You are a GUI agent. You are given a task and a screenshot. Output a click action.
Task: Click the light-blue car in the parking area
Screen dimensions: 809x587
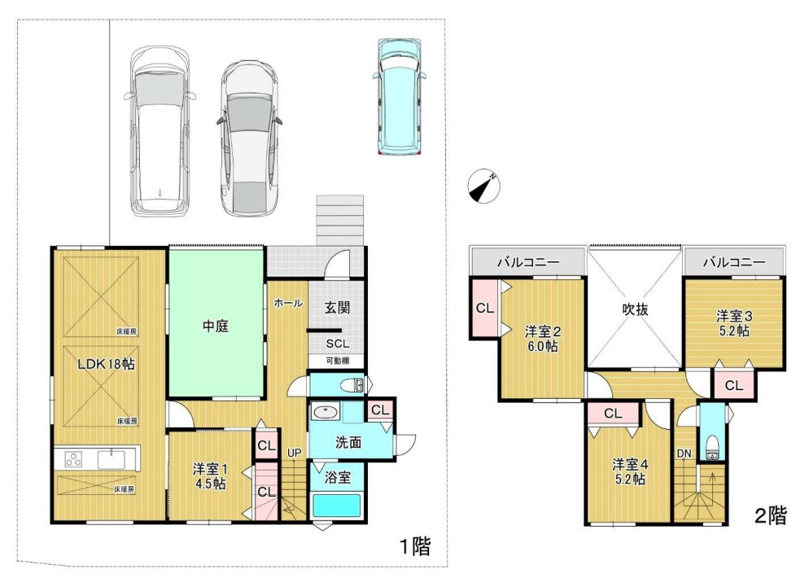click(x=400, y=97)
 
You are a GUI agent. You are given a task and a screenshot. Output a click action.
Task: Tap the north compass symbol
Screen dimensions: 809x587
click(x=484, y=186)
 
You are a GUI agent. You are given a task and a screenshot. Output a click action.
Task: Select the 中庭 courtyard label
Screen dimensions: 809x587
click(x=215, y=326)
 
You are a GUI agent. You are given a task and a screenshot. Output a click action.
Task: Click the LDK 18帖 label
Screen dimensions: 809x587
click(x=107, y=364)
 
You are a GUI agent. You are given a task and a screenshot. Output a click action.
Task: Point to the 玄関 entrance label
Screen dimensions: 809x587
click(x=338, y=308)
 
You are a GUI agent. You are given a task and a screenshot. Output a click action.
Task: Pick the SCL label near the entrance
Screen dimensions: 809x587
click(x=338, y=344)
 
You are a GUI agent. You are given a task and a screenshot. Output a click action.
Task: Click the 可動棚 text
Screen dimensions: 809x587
click(x=338, y=361)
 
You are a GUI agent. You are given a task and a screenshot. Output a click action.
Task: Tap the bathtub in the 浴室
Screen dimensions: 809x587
click(x=336, y=506)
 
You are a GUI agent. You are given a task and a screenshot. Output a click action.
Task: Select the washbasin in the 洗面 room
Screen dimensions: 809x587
click(x=326, y=413)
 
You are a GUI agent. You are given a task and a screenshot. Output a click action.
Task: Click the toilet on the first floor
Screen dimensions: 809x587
click(x=353, y=385)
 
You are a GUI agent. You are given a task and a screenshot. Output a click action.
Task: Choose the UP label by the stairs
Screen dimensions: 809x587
click(x=294, y=453)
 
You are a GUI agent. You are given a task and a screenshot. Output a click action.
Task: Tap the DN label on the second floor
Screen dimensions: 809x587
click(x=684, y=453)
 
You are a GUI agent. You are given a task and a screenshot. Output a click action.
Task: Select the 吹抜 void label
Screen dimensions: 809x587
click(x=635, y=309)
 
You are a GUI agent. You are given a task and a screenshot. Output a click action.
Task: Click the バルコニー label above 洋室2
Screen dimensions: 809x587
click(x=528, y=262)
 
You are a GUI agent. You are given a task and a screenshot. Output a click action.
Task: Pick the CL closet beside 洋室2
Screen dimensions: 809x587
click(x=484, y=309)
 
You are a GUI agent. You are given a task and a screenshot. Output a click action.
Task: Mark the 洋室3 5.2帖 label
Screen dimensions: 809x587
click(x=734, y=323)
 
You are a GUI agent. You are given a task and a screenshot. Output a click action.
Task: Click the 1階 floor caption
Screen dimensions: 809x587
click(x=415, y=545)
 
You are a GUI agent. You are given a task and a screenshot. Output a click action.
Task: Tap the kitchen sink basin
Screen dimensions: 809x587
click(x=111, y=458)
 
